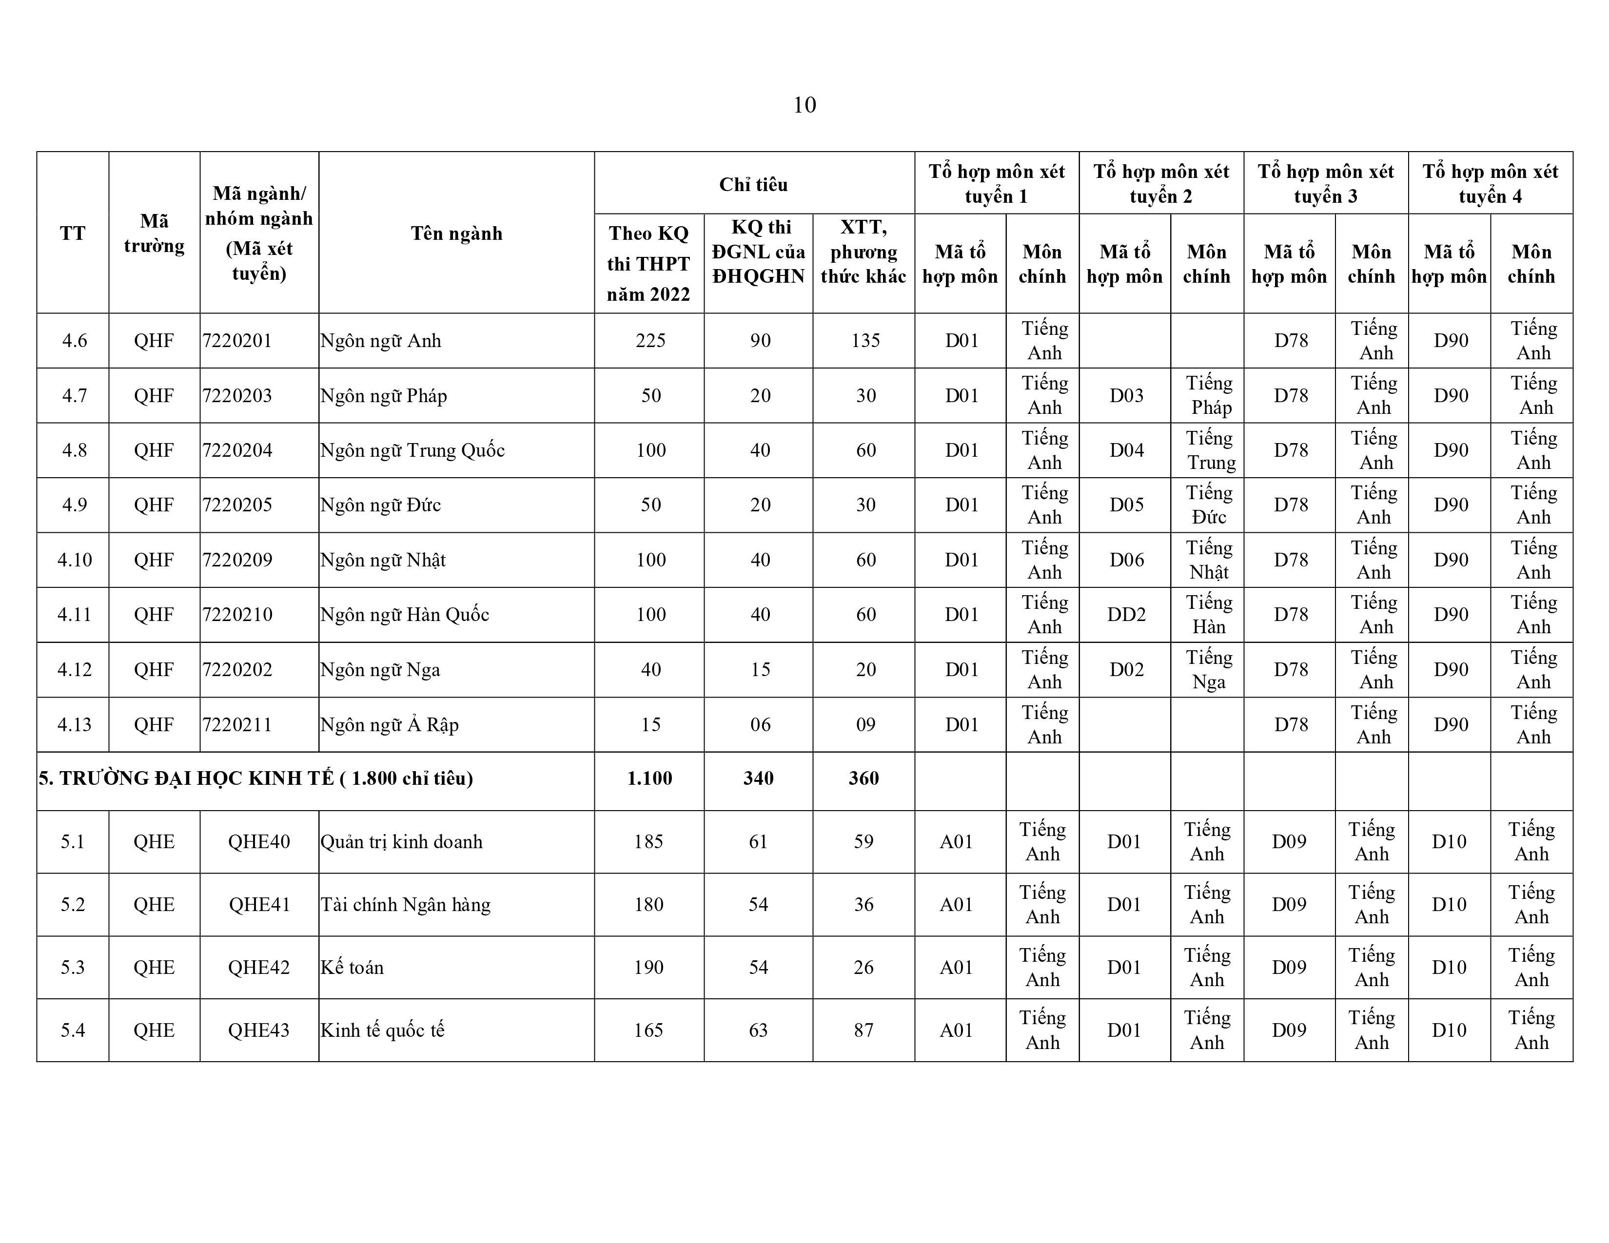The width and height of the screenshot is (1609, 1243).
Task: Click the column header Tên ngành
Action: (x=456, y=233)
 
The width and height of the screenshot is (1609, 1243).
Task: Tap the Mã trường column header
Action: (x=154, y=233)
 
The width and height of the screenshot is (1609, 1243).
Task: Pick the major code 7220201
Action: (x=237, y=341)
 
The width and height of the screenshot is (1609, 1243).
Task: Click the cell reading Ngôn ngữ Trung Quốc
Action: (x=412, y=450)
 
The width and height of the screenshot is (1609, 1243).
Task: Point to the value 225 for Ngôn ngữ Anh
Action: (x=650, y=341)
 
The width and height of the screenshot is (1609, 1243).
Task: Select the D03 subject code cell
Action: (x=1126, y=395)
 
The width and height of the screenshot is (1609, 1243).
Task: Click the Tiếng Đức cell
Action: (x=1208, y=505)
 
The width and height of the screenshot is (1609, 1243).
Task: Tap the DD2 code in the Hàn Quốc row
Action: (x=1126, y=615)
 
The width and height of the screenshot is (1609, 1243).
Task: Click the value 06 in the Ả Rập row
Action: (x=760, y=724)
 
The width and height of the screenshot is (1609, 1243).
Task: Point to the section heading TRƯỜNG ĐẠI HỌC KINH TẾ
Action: (x=255, y=779)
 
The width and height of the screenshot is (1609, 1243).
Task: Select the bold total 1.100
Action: (x=649, y=779)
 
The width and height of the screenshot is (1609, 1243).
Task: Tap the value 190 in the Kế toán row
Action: (x=648, y=968)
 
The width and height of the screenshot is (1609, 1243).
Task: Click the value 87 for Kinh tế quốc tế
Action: (x=863, y=1030)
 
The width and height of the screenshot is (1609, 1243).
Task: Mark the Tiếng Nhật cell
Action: (x=1208, y=560)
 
